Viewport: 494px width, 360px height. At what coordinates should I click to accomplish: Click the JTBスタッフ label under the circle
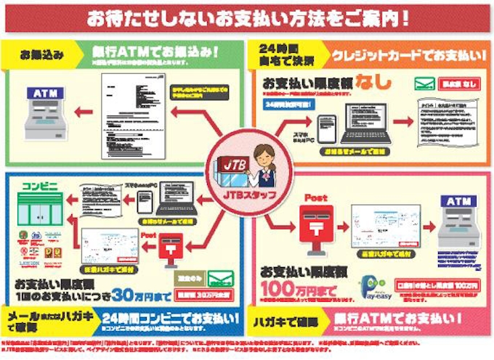246,196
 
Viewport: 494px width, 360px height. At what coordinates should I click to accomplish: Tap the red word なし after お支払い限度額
376,79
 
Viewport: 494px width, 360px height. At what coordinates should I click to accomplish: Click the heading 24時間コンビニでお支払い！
170,318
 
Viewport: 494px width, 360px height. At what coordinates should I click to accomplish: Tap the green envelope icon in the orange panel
425,83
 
